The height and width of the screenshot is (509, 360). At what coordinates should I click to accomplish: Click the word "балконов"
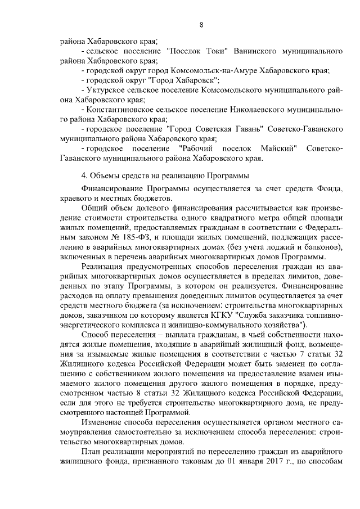(x=321, y=246)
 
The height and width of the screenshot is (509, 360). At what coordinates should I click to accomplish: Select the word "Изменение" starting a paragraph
(x=103, y=421)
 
